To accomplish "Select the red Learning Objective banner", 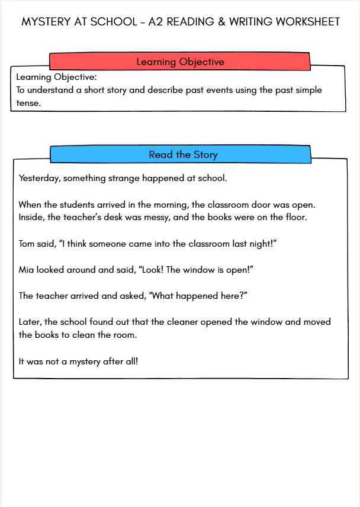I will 180,62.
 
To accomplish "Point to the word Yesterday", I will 38,178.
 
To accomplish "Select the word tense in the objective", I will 28,102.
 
